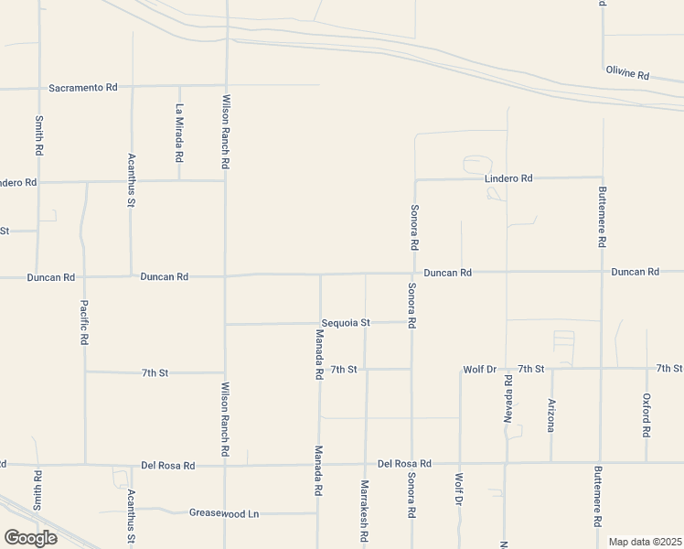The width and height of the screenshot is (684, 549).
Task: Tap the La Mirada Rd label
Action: [x=179, y=134]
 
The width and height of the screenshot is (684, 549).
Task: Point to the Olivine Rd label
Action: [x=626, y=72]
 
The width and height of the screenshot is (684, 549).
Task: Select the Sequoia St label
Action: [x=346, y=323]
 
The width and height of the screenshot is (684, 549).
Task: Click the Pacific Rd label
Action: [x=84, y=322]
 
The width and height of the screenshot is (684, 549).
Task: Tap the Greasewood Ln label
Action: [x=223, y=513]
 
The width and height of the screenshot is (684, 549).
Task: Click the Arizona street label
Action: [x=551, y=414]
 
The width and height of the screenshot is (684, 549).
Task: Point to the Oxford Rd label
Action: [x=647, y=414]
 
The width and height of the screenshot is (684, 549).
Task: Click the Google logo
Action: [x=30, y=537]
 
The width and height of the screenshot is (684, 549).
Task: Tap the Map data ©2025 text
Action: [x=645, y=541]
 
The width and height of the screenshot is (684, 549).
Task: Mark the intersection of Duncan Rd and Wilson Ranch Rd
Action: [x=226, y=274]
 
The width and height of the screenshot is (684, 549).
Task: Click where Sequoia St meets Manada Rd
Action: [x=319, y=323]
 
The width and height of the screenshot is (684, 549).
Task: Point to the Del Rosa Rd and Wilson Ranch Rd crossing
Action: [x=226, y=465]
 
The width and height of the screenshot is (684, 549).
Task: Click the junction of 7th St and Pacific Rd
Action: [x=85, y=372]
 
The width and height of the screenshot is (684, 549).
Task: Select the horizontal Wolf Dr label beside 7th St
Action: [x=479, y=369]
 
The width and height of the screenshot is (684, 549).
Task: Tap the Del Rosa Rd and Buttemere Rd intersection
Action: [x=601, y=462]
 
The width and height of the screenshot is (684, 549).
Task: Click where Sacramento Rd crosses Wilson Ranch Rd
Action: [x=226, y=87]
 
